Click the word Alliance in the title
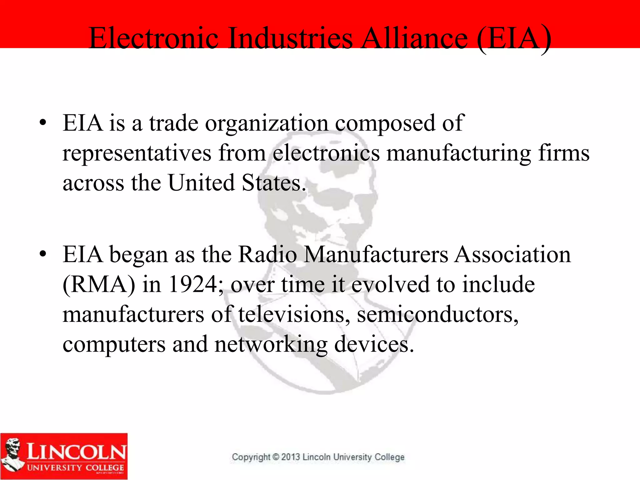(x=415, y=38)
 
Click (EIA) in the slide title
(x=514, y=38)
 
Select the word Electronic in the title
(x=153, y=38)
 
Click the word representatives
(x=137, y=153)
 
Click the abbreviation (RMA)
(x=99, y=284)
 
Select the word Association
(x=512, y=254)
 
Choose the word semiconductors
(x=437, y=314)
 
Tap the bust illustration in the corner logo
(x=12, y=455)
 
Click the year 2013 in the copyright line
(x=290, y=457)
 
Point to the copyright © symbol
(x=276, y=457)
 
